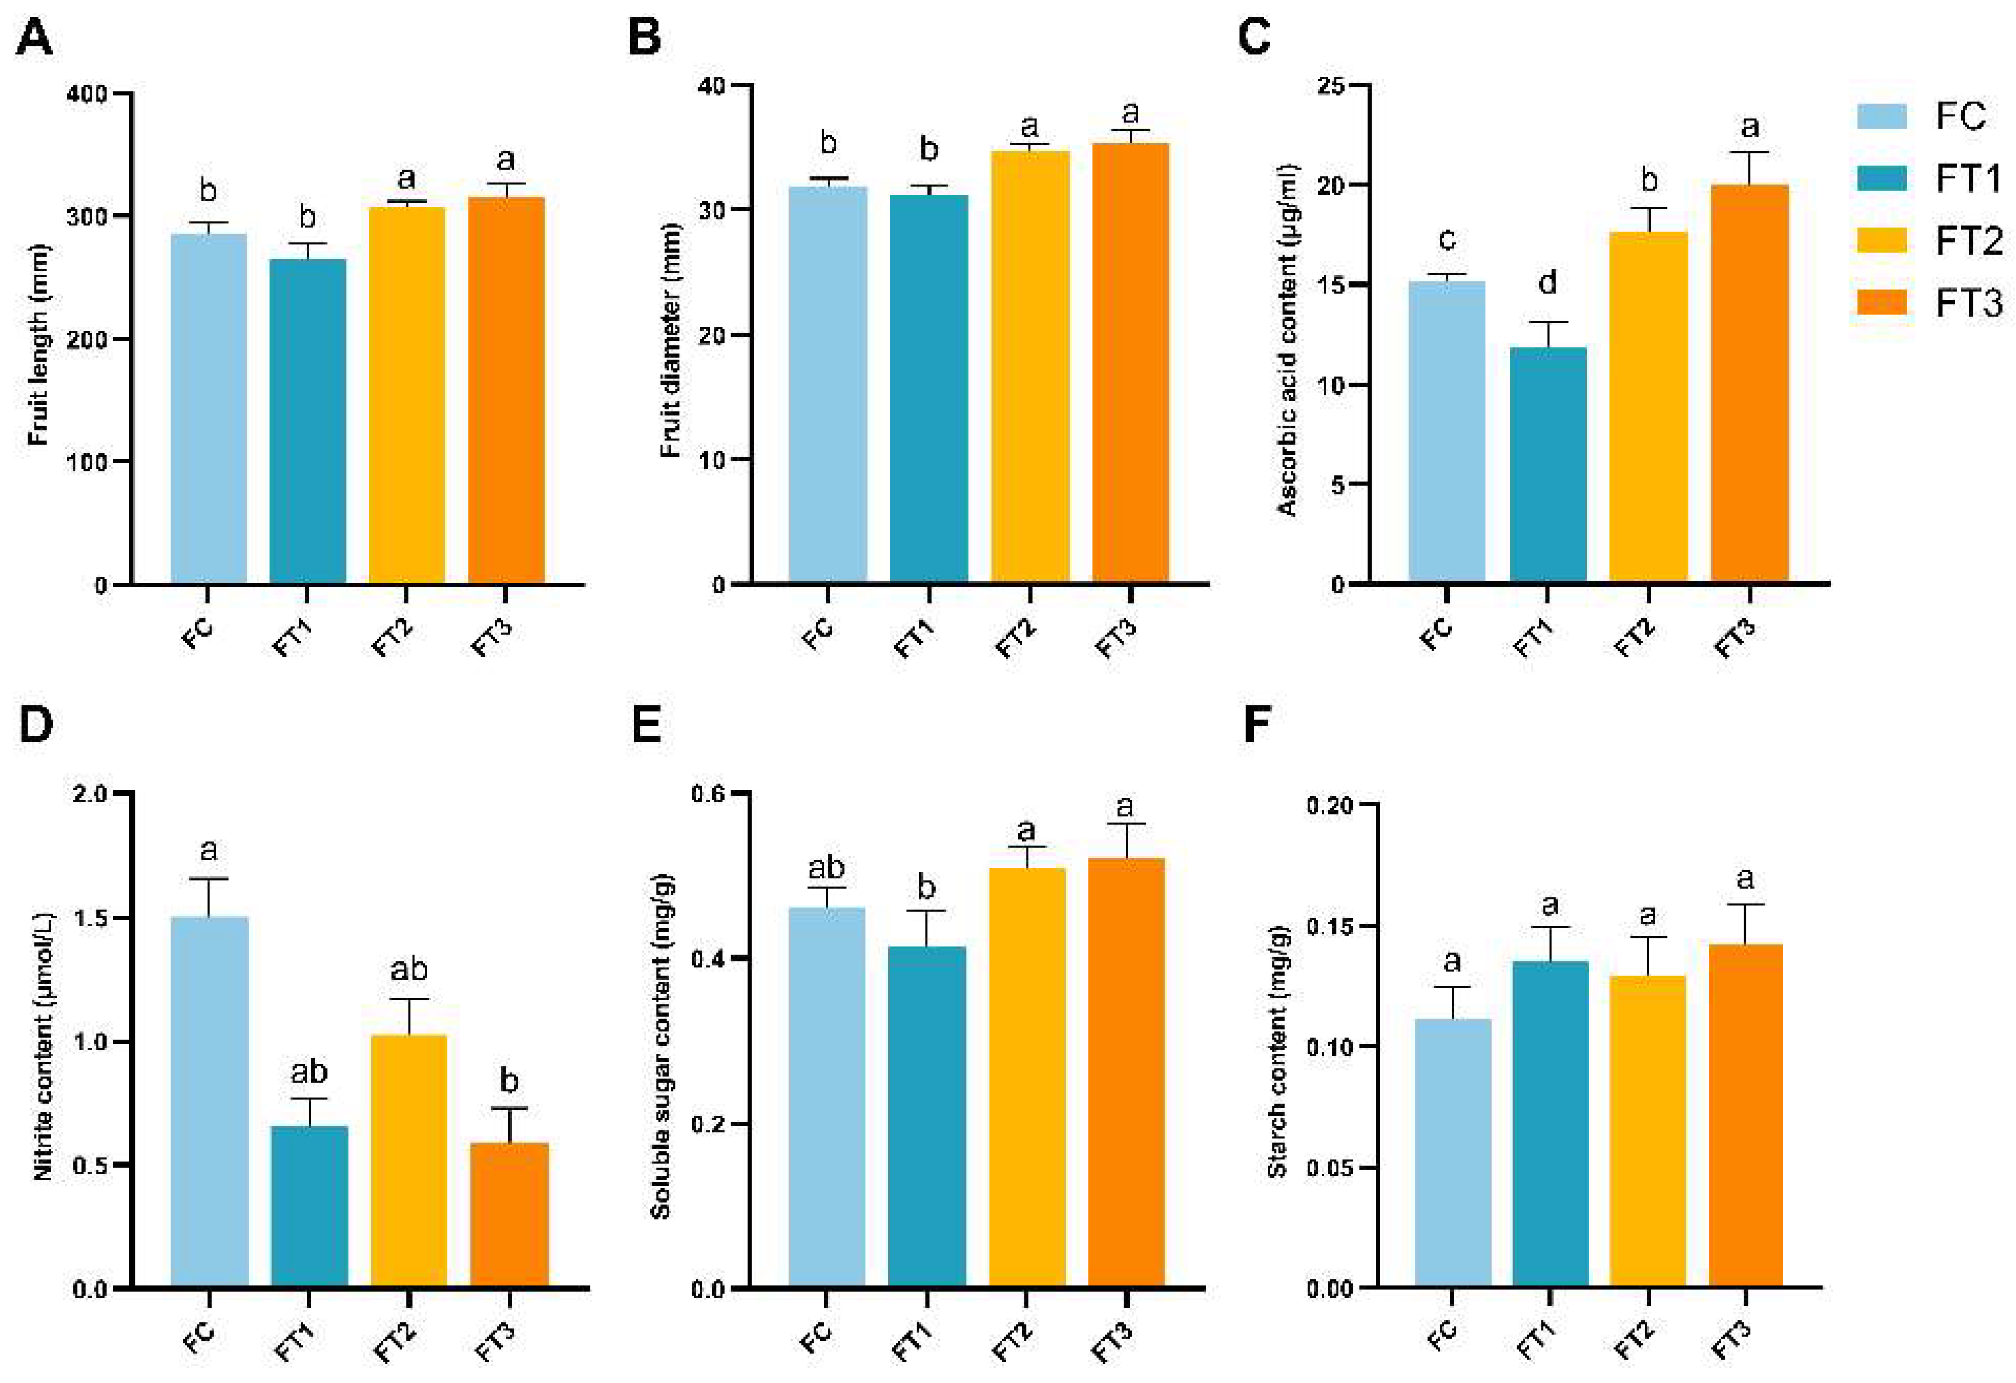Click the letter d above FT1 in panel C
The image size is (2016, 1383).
coord(1547,282)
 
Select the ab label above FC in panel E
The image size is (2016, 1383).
coord(826,867)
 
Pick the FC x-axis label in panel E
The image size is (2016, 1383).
coord(816,1337)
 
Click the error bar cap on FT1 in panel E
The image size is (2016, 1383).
coord(926,910)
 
